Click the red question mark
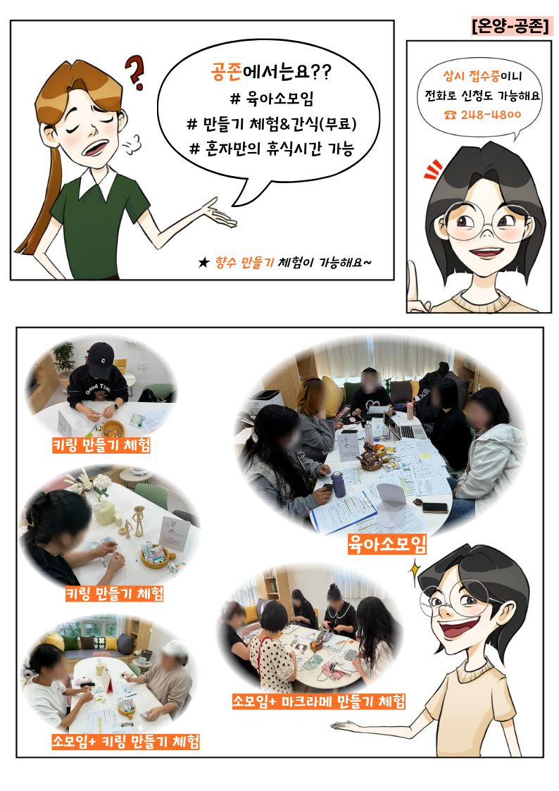[134, 72]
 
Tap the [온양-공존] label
[510, 26]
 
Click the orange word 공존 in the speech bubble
[226, 72]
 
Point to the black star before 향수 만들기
[203, 262]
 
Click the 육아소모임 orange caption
[387, 544]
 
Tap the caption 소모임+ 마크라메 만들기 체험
[318, 701]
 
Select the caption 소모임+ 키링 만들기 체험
[125, 741]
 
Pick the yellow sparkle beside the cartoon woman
[415, 570]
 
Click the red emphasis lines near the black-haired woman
[432, 170]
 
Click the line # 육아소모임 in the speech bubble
[272, 98]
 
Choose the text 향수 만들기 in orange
[244, 262]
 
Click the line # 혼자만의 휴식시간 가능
[272, 149]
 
